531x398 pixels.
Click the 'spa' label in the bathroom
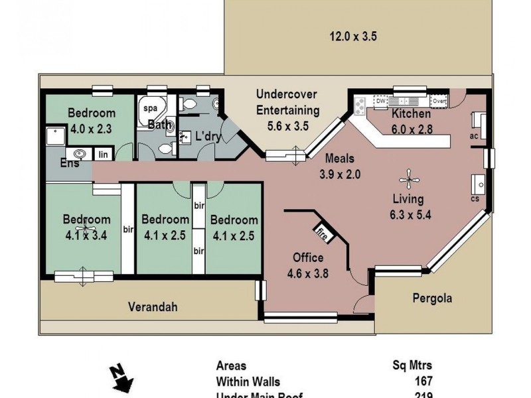pyautogui.click(x=150, y=107)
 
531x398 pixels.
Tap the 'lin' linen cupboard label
pyautogui.click(x=103, y=154)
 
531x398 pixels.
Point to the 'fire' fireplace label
pyautogui.click(x=322, y=233)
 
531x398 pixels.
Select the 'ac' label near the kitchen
pyautogui.click(x=474, y=136)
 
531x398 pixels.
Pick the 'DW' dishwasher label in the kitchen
pyautogui.click(x=380, y=101)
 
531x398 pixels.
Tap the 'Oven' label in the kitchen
pyautogui.click(x=438, y=101)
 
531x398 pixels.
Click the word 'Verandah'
pyautogui.click(x=153, y=306)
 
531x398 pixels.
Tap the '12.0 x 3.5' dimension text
pyautogui.click(x=353, y=36)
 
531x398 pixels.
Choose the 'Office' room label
pyautogui.click(x=308, y=257)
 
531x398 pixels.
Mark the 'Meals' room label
pyautogui.click(x=339, y=159)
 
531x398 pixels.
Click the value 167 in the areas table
pyautogui.click(x=422, y=381)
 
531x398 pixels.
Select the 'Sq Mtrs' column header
pyautogui.click(x=413, y=365)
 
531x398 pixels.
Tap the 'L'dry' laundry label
pyautogui.click(x=207, y=137)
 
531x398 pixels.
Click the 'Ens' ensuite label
pyautogui.click(x=68, y=163)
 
